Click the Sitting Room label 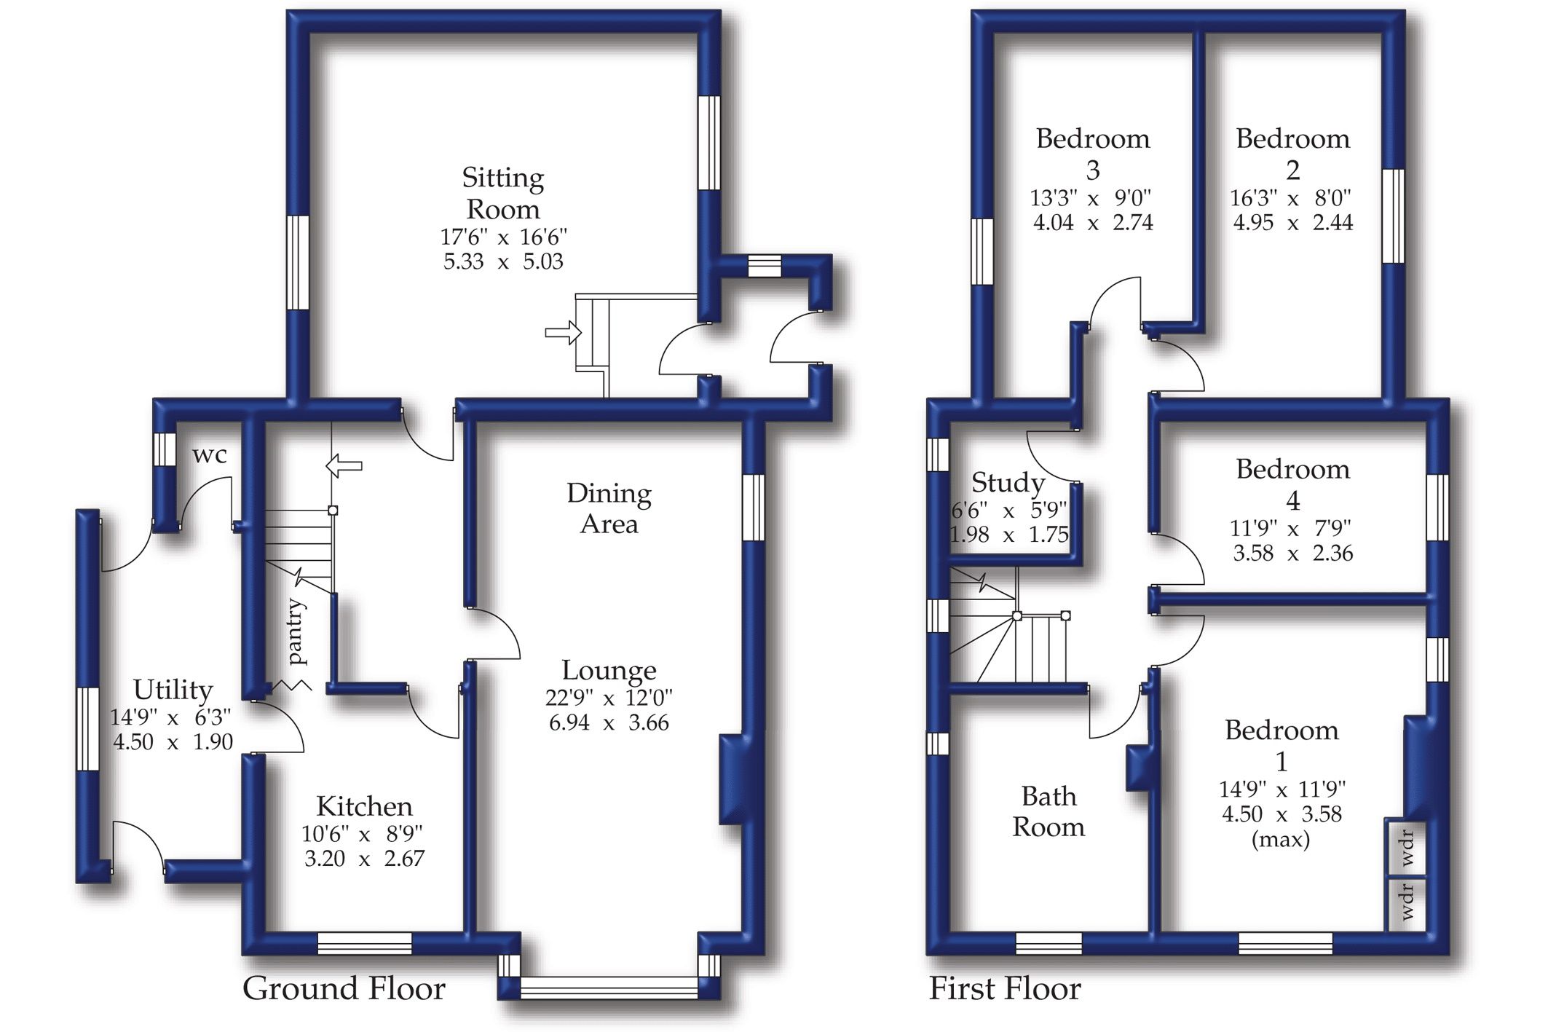(503, 194)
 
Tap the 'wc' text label (210, 455)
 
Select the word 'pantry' (296, 631)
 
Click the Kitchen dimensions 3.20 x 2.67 (364, 858)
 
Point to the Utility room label (173, 689)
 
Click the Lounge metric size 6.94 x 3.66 (609, 722)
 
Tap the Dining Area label (609, 508)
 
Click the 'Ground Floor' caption (344, 988)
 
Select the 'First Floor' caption (1005, 988)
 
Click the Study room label (1008, 482)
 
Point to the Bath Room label (1049, 811)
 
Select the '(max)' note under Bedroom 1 (1281, 840)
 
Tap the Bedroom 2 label (1292, 154)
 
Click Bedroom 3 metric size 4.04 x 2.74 (1093, 222)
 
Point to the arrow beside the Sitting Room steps (564, 333)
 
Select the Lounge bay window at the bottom (609, 988)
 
